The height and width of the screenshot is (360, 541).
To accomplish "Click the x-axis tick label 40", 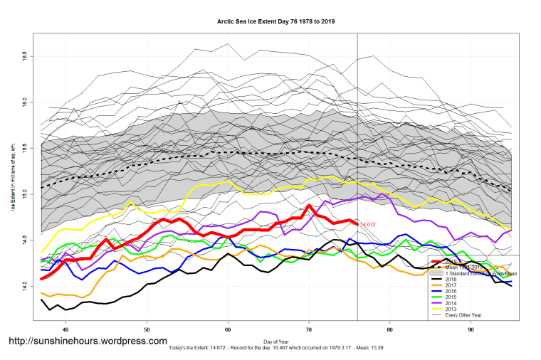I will [x=65, y=329].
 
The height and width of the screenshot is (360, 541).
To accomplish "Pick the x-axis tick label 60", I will [x=228, y=329].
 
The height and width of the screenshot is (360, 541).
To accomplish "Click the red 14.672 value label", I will [x=368, y=225].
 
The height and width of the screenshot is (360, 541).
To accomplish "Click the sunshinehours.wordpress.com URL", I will [x=88, y=342].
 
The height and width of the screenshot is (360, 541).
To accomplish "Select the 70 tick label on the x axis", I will [x=309, y=329].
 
